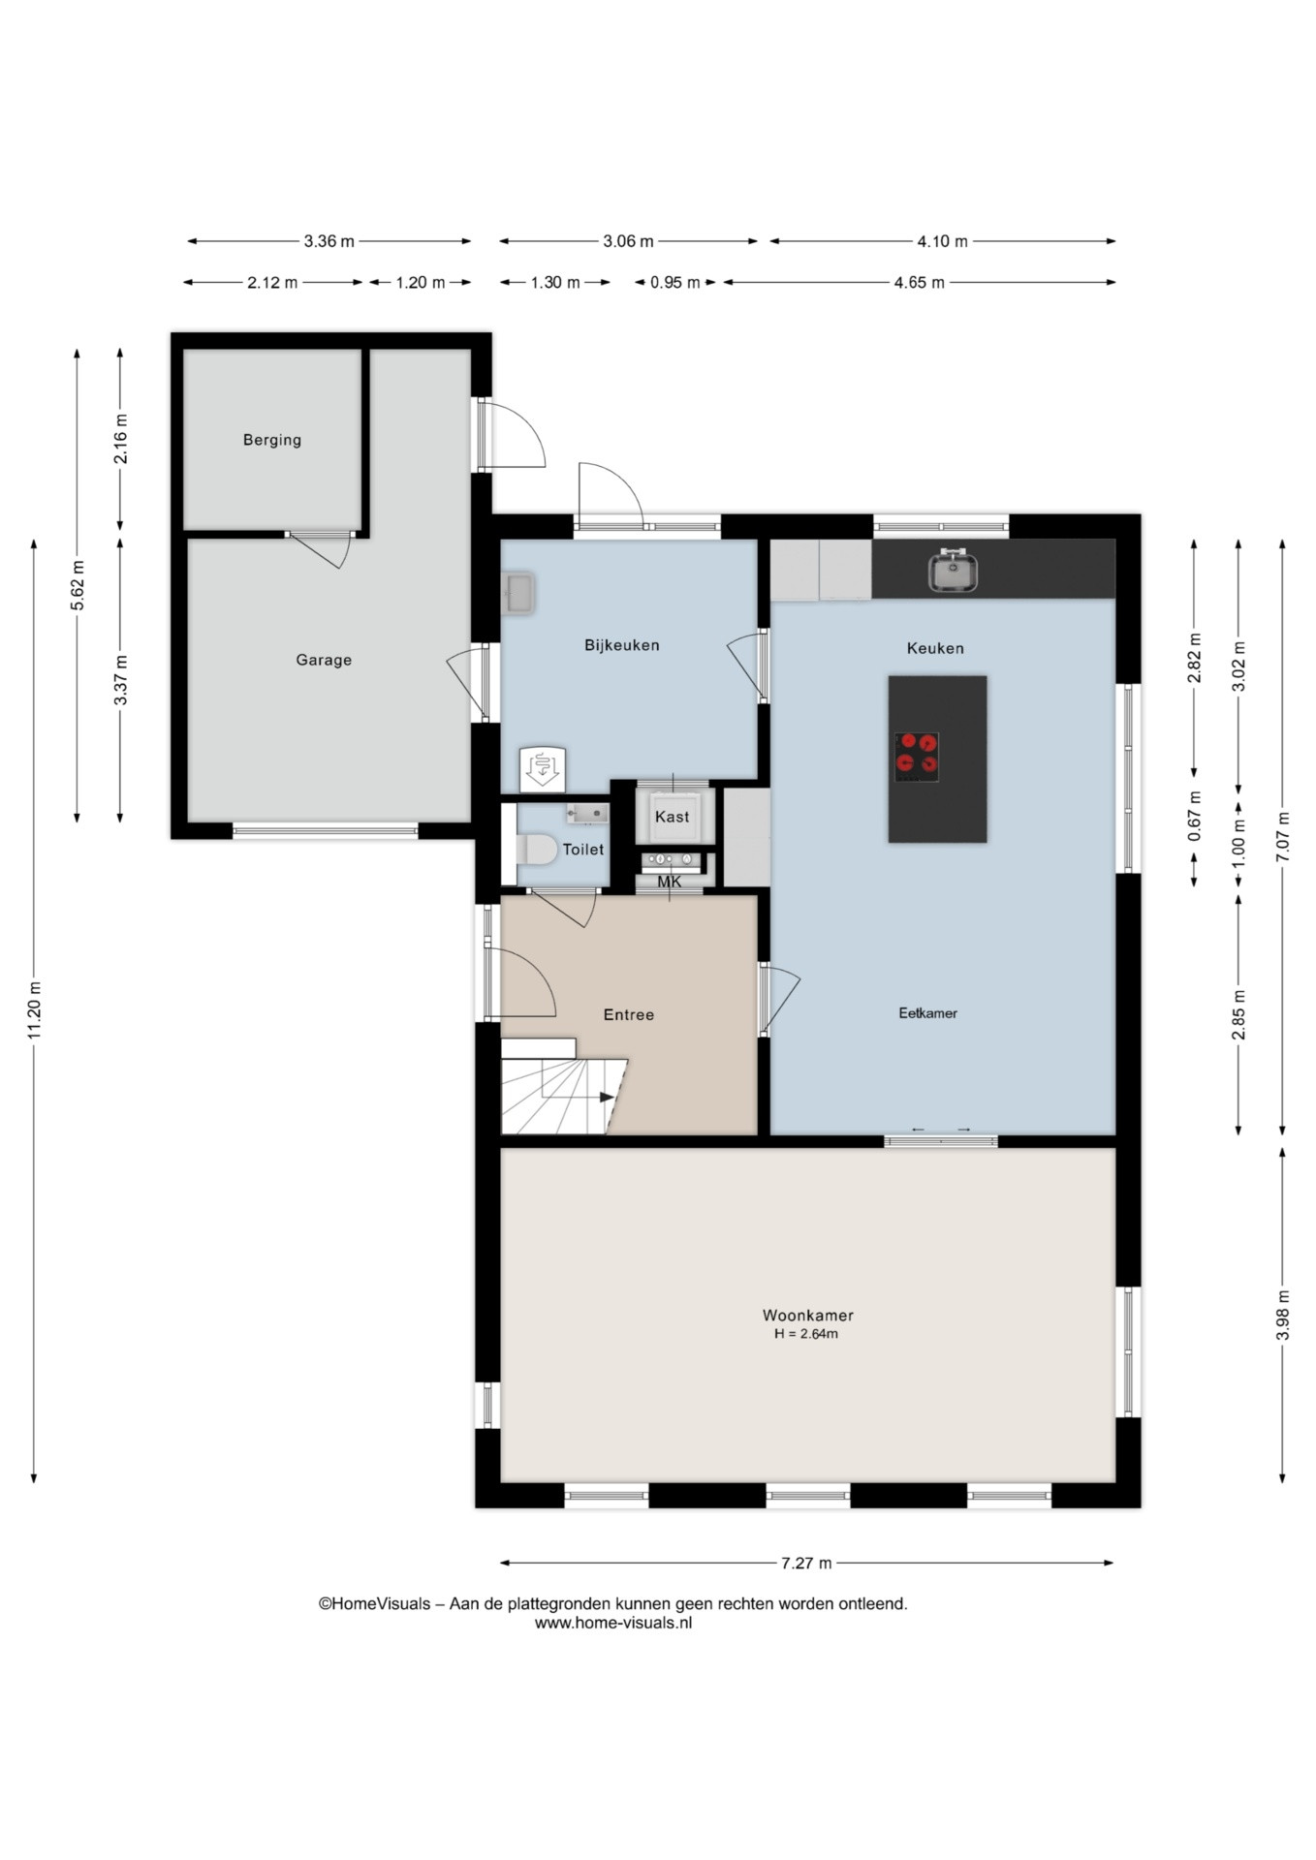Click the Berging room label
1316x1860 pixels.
272,440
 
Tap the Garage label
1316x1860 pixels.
324,660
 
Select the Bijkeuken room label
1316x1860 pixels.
622,645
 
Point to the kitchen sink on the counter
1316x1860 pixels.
953,571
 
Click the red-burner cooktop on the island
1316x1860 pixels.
917,757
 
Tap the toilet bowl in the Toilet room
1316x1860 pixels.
537,850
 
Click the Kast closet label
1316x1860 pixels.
673,817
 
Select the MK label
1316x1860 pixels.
670,882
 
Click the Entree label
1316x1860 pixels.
629,1014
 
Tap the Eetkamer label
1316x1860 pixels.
927,1013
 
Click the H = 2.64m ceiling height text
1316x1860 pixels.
806,1334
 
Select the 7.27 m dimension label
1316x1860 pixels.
806,1563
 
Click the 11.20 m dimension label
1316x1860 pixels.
35,1010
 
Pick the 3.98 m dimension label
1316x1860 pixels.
1282,1316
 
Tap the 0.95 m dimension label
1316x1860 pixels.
675,283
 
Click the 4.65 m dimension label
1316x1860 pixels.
919,283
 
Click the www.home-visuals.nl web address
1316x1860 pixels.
613,1623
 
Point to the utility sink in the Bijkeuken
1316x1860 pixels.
517,594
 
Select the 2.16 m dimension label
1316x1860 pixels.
121,439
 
